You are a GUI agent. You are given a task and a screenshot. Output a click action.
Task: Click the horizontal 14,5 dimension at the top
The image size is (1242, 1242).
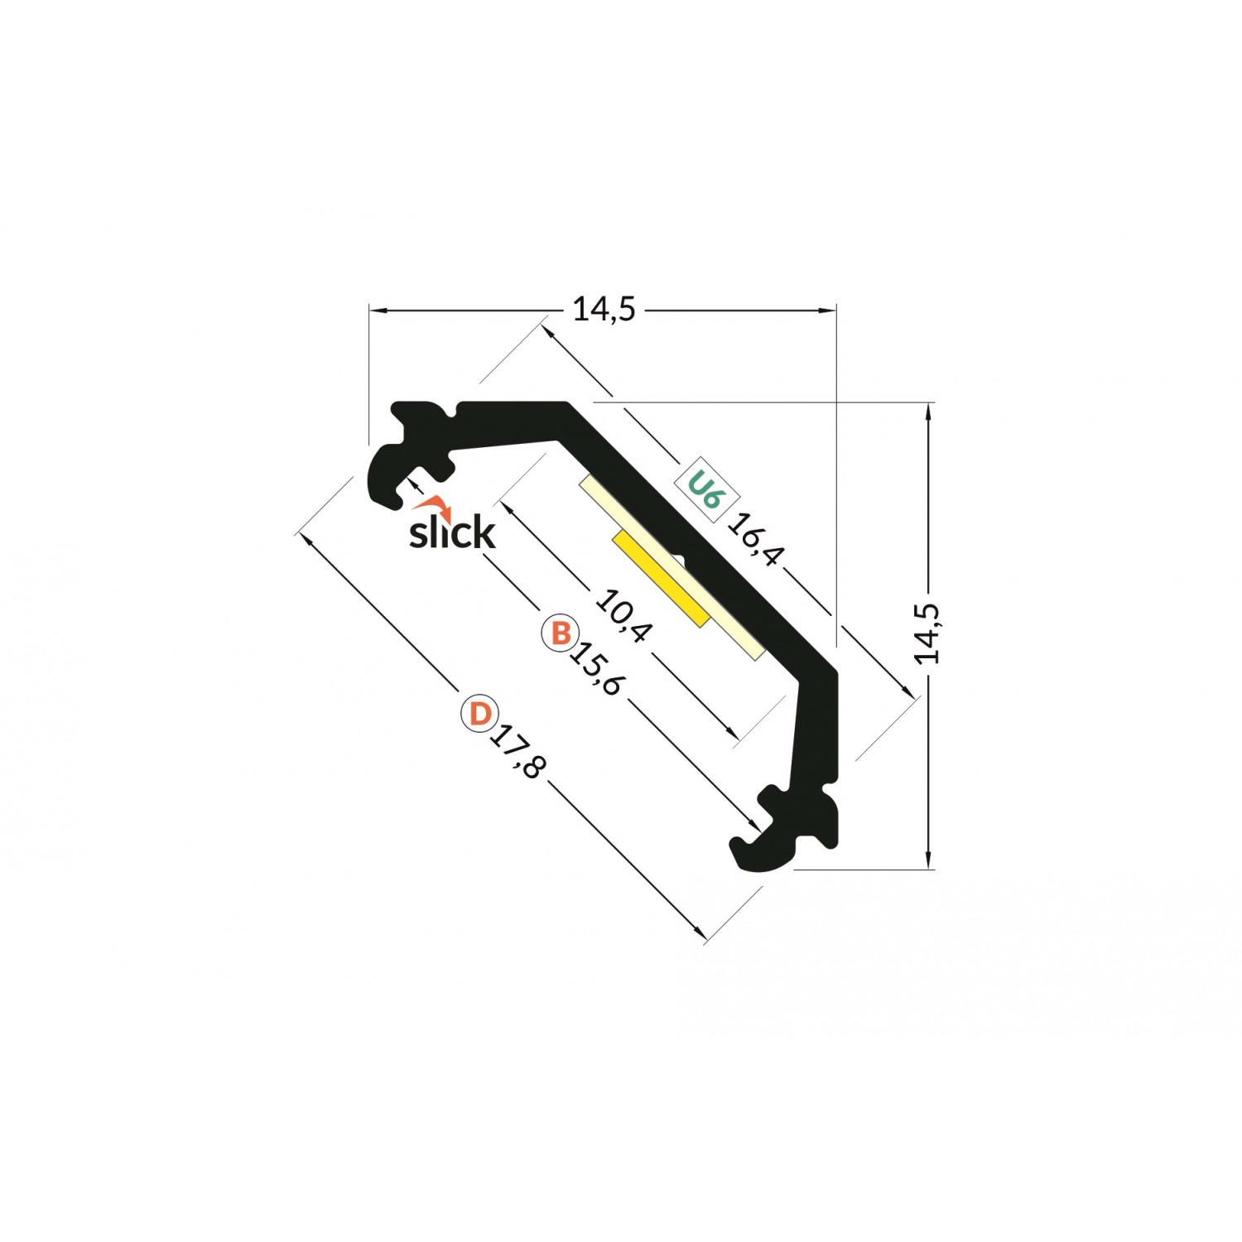[604, 310]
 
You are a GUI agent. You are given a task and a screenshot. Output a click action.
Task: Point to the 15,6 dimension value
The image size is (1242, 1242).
[595, 668]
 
